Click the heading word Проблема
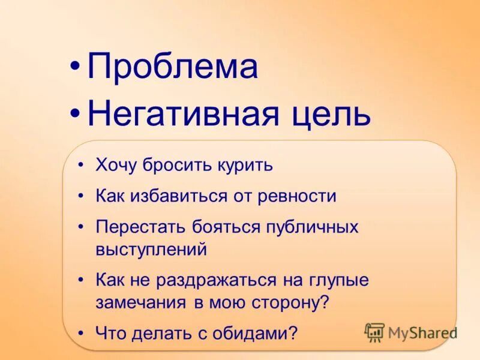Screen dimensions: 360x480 pyautogui.click(x=173, y=67)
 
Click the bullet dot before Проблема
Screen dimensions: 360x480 pyautogui.click(x=74, y=68)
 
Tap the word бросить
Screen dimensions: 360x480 pyautogui.click(x=175, y=166)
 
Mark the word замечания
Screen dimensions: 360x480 pyautogui.click(x=142, y=302)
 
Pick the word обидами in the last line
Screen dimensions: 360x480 pyautogui.click(x=254, y=333)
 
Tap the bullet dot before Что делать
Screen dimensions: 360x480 pyautogui.click(x=82, y=333)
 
